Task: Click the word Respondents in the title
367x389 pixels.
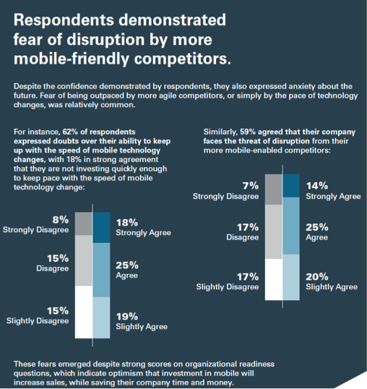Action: (x=64, y=20)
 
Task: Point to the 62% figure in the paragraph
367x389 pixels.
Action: (x=70, y=132)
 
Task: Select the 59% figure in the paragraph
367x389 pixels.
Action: (x=248, y=132)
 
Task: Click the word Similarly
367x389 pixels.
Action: (x=220, y=132)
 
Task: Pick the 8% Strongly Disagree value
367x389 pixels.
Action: (x=60, y=220)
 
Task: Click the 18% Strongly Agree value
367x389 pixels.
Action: (x=127, y=223)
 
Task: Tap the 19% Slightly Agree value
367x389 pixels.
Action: (x=127, y=317)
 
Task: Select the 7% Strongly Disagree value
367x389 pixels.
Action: (x=251, y=186)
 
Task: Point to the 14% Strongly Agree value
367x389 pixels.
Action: (x=317, y=186)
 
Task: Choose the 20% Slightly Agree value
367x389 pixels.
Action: (x=317, y=277)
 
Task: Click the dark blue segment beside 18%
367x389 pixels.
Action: (x=101, y=228)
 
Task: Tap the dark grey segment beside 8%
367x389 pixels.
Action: (x=84, y=223)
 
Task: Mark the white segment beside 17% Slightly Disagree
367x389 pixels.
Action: (x=274, y=279)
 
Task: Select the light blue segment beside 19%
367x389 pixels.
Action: (x=101, y=317)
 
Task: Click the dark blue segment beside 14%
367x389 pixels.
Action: (x=291, y=186)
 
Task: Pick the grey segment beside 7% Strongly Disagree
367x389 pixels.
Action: (x=274, y=189)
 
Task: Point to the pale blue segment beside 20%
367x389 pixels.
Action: (x=291, y=278)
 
